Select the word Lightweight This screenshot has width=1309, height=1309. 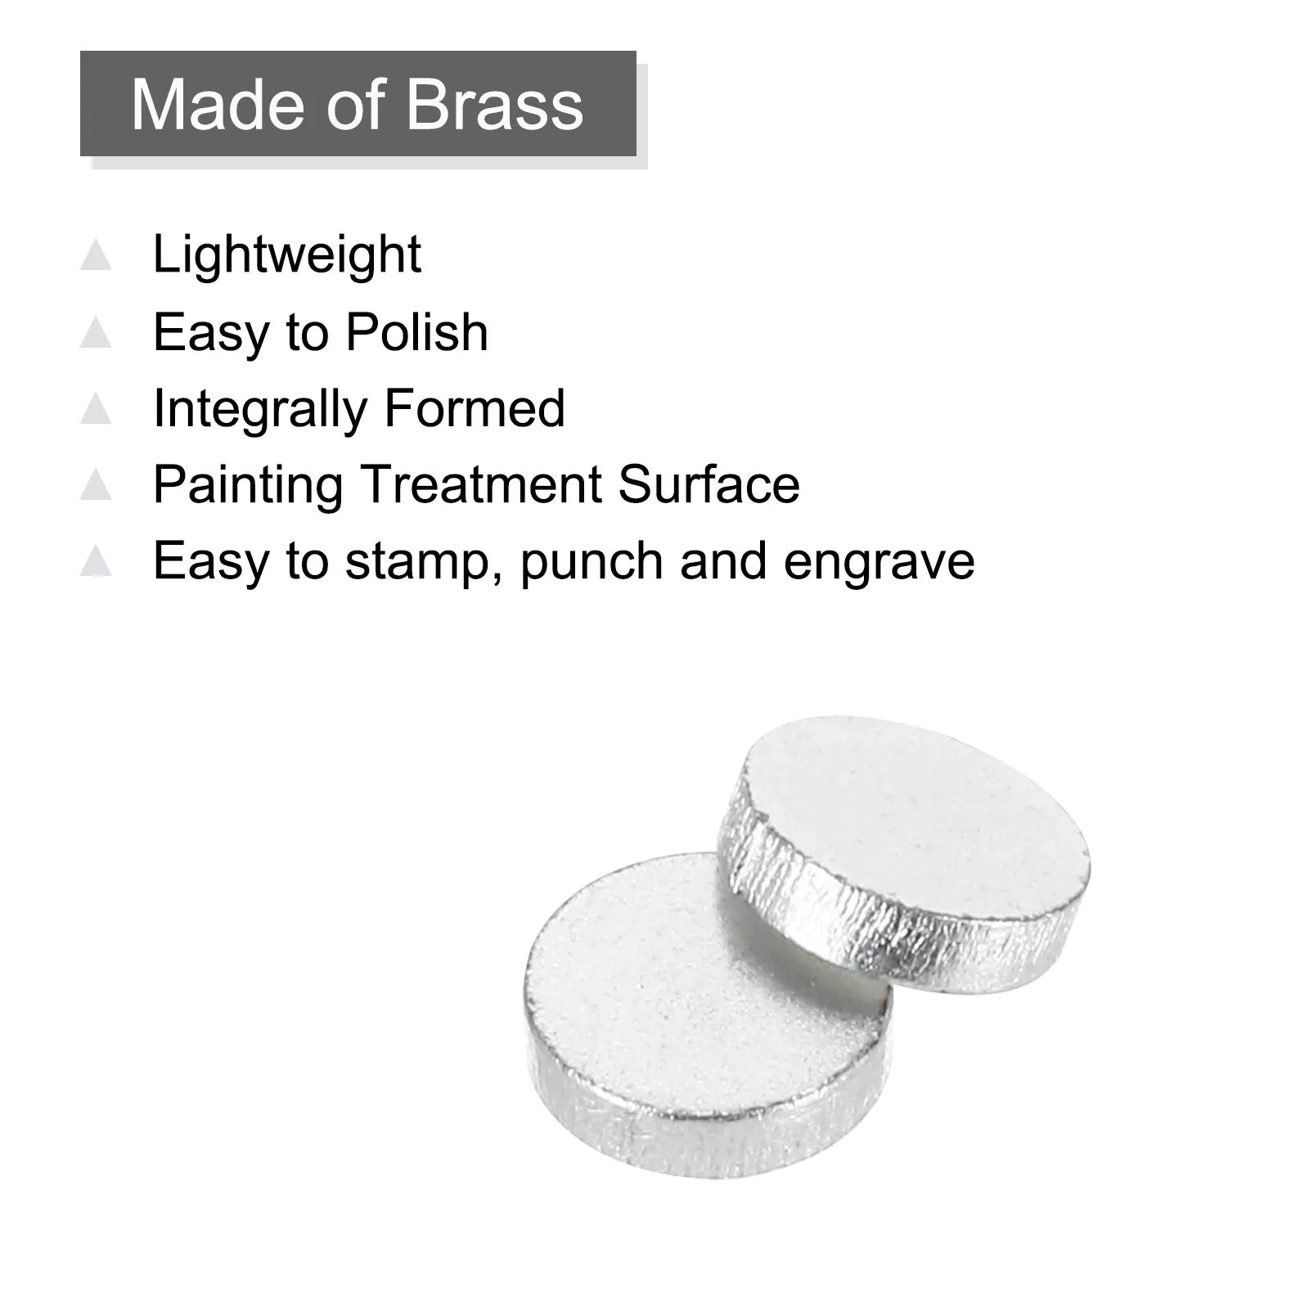click(287, 255)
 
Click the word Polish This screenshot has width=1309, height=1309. click(417, 332)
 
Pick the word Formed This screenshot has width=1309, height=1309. click(475, 408)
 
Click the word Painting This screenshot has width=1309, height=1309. click(247, 485)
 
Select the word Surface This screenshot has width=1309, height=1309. click(709, 484)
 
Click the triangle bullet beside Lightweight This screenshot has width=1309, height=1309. click(96, 255)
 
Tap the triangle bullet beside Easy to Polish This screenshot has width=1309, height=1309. click(96, 333)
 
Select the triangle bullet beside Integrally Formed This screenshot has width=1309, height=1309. click(96, 409)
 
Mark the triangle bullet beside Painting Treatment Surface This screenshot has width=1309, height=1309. click(96, 485)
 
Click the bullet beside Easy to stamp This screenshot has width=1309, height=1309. click(96, 562)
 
